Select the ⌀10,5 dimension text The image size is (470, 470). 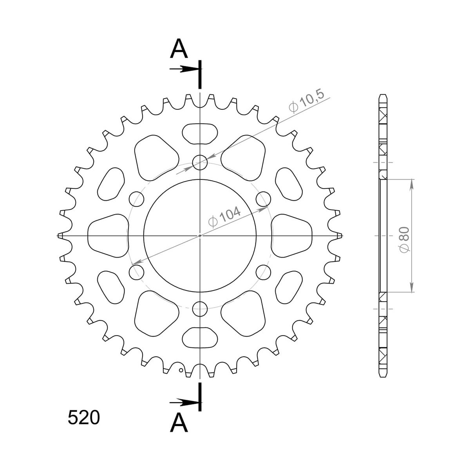click(306, 101)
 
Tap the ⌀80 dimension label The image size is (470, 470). click(404, 240)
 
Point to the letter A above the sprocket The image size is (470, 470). click(179, 48)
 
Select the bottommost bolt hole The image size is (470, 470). click(200, 309)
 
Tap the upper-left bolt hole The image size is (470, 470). click(136, 199)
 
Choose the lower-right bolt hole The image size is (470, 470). click(264, 272)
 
